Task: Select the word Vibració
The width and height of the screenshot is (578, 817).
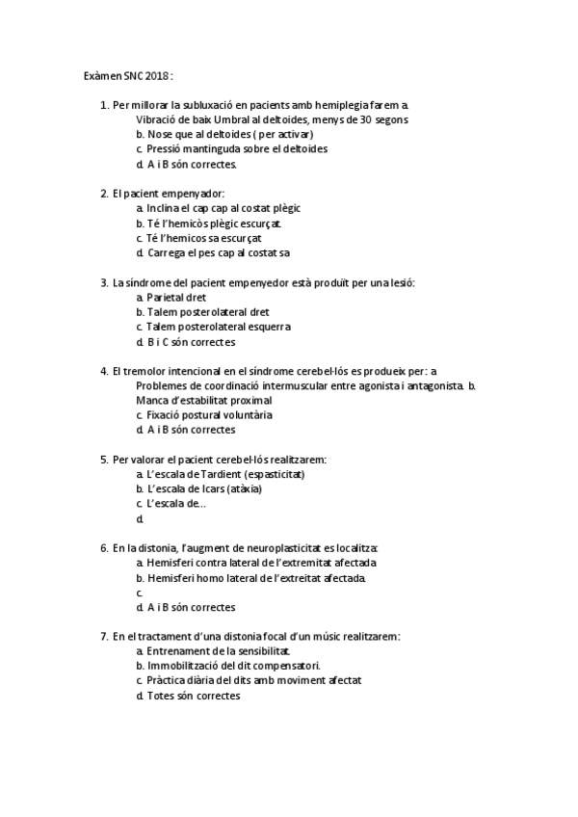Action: click(159, 119)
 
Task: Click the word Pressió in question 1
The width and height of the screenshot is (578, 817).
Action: click(168, 149)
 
